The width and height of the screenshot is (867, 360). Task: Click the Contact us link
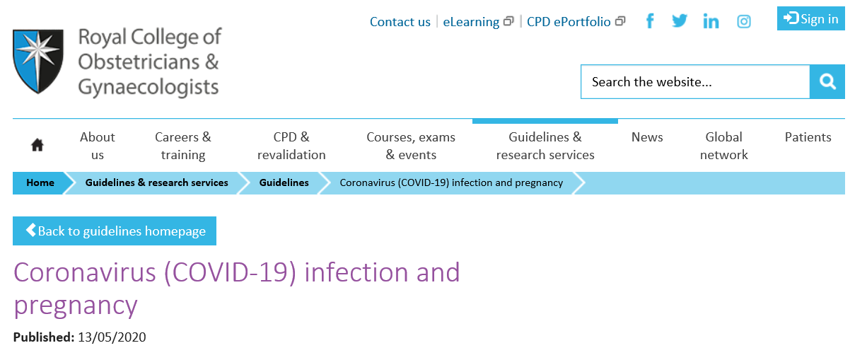click(x=400, y=22)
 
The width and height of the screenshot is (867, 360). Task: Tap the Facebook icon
click(x=651, y=21)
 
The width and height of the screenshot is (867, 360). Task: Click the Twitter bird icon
click(x=680, y=21)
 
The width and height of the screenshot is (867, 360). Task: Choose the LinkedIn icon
click(x=711, y=21)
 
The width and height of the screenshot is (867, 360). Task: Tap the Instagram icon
click(x=743, y=21)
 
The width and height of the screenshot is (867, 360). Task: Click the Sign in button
click(x=811, y=18)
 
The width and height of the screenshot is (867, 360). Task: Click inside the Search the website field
click(x=695, y=81)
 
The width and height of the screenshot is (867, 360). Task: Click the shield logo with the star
click(x=38, y=61)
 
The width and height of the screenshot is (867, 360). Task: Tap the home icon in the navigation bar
click(x=37, y=145)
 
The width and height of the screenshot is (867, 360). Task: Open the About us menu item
click(x=97, y=146)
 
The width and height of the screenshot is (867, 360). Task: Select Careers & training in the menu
click(x=183, y=146)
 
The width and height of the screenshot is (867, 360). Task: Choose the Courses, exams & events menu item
click(x=411, y=146)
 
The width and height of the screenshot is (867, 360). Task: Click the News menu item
click(x=647, y=137)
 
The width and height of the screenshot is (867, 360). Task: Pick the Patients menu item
click(x=808, y=137)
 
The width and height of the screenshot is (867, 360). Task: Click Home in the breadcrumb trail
click(x=40, y=182)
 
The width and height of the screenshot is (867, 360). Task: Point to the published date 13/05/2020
click(x=112, y=337)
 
